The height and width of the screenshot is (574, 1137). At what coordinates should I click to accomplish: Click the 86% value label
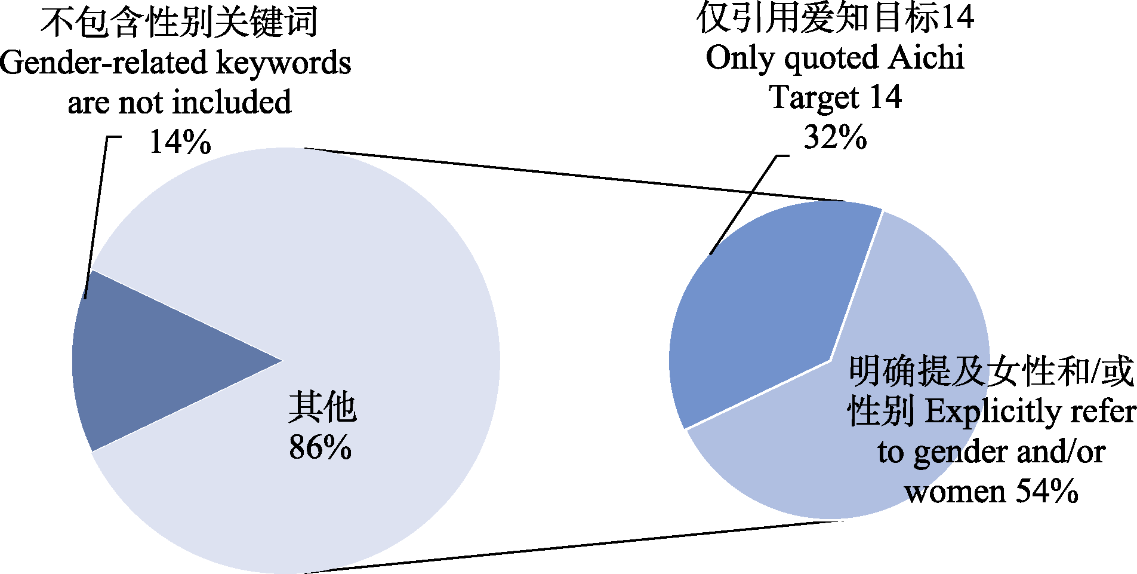[321, 447]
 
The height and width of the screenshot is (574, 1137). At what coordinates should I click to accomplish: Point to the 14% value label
[180, 143]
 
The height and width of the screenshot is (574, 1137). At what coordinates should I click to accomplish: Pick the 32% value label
[835, 137]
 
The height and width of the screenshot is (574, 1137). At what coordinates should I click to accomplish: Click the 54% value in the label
[1047, 492]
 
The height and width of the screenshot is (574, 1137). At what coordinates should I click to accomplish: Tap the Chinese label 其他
[322, 408]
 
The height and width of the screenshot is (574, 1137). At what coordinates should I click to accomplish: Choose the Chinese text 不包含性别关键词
[179, 23]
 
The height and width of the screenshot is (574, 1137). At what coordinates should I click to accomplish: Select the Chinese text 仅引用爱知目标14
[835, 18]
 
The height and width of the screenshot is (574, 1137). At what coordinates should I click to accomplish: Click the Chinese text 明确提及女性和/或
[991, 371]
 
